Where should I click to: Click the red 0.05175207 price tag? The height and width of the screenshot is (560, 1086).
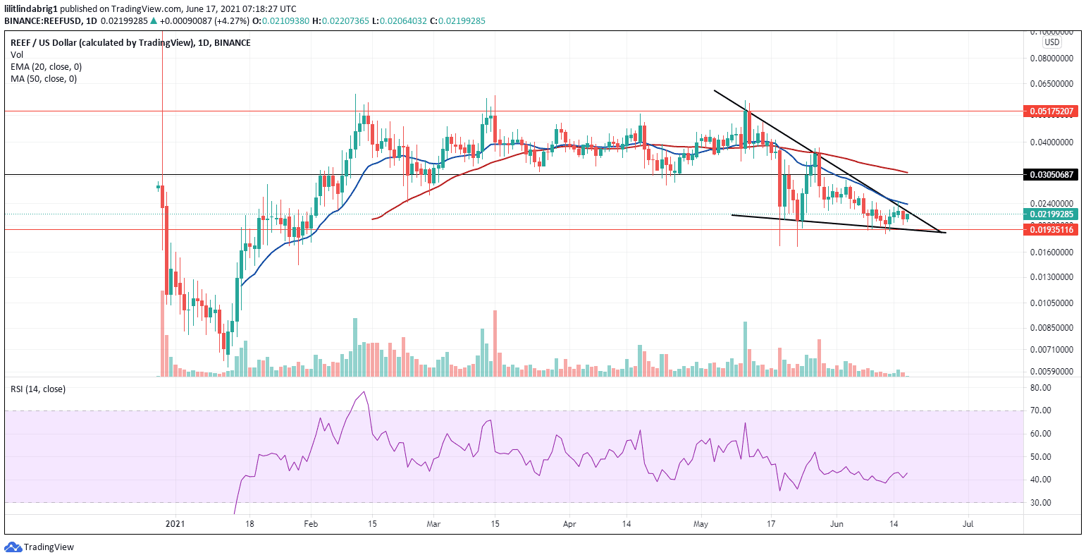[1049, 111]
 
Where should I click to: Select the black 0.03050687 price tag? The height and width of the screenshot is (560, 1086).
[1049, 174]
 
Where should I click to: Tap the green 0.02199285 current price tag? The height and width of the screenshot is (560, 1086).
[1049, 214]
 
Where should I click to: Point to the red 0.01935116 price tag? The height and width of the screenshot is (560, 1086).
[1049, 229]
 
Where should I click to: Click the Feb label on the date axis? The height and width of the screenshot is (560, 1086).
[311, 524]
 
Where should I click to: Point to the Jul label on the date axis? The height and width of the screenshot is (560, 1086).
[968, 524]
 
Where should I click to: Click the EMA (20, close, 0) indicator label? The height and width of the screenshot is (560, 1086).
[46, 67]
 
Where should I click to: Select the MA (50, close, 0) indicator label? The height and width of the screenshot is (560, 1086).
[44, 79]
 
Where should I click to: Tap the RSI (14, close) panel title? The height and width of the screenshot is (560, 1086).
[37, 389]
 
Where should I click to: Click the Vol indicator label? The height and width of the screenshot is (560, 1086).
[16, 55]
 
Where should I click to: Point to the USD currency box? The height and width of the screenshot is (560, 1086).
[1051, 41]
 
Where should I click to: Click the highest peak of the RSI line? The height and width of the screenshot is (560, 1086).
[364, 392]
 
